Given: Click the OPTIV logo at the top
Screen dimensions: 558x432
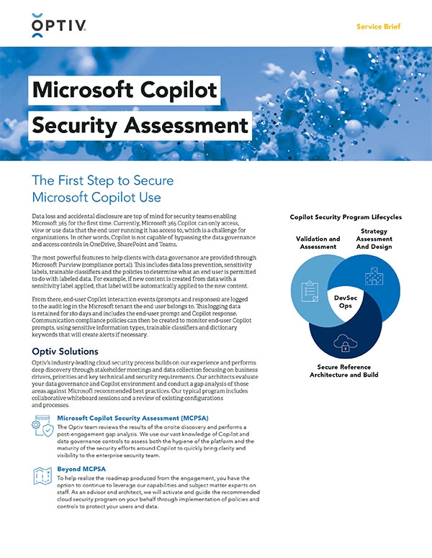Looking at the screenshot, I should pyautogui.click(x=60, y=26).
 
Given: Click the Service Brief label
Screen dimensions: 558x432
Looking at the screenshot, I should pyautogui.click(x=379, y=27).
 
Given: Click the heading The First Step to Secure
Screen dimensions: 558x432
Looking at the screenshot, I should pyautogui.click(x=103, y=180).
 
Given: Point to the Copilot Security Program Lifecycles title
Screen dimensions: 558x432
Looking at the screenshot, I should pyautogui.click(x=346, y=216).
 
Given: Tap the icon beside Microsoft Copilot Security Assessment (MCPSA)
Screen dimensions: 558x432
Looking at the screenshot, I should pyautogui.click(x=41, y=426).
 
